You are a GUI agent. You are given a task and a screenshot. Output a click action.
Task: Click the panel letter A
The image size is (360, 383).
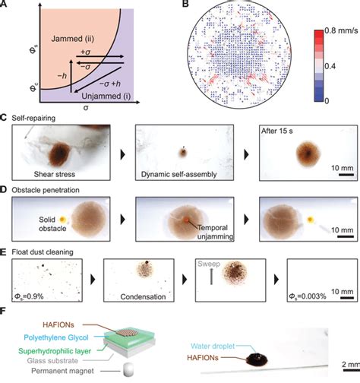point(5,5)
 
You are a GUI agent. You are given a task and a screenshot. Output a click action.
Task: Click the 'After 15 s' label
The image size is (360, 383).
point(286,137)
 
